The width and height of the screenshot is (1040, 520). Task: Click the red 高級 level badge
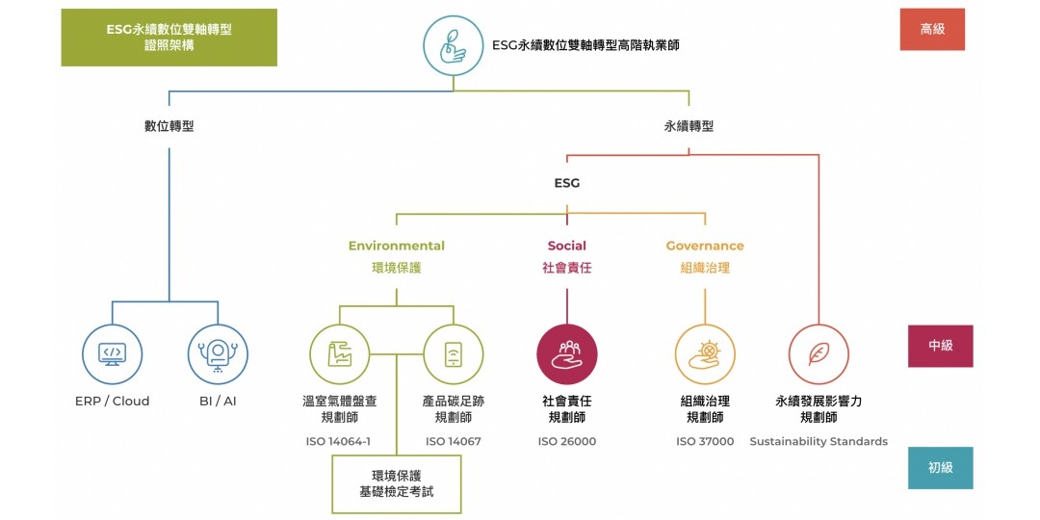[x=932, y=29]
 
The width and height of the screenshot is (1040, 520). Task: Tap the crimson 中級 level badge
[x=940, y=346]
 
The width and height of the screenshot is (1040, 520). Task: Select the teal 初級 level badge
[x=940, y=468]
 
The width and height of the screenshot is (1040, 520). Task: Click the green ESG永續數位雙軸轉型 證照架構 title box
[x=169, y=38]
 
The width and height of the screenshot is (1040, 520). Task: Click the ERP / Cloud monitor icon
[x=112, y=352]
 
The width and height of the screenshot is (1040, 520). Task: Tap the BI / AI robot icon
[x=218, y=352]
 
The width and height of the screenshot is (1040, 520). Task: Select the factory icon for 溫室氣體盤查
[x=339, y=353]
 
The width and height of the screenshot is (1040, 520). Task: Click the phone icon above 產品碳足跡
[x=453, y=353]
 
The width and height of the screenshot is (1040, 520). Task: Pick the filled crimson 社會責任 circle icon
[x=566, y=353]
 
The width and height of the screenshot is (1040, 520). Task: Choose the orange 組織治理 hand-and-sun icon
[x=705, y=353]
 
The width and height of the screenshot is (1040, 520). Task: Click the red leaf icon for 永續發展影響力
[x=819, y=353]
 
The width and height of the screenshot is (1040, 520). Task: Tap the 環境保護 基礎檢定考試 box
[x=396, y=484]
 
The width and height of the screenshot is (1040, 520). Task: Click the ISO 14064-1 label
[x=338, y=442]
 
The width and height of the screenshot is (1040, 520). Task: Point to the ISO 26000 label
[x=566, y=442]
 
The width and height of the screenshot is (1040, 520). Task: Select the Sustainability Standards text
[x=819, y=442]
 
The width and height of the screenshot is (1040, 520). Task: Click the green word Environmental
[x=397, y=247]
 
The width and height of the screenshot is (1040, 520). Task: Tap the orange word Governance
[x=705, y=247]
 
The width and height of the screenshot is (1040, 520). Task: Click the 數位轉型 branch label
[x=169, y=126]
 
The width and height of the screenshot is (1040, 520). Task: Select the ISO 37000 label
[x=705, y=442]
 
